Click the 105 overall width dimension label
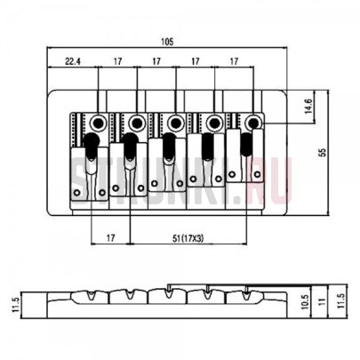click(x=167, y=42)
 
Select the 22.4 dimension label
click(x=73, y=61)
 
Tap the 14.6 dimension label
click(x=308, y=106)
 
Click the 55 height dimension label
click(x=323, y=152)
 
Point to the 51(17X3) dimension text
click(x=188, y=237)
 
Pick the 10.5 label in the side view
click(x=307, y=301)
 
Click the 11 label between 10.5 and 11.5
click(x=323, y=301)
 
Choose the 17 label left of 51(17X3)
click(x=110, y=237)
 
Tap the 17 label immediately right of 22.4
click(x=117, y=61)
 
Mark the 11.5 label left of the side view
click(x=16, y=305)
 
